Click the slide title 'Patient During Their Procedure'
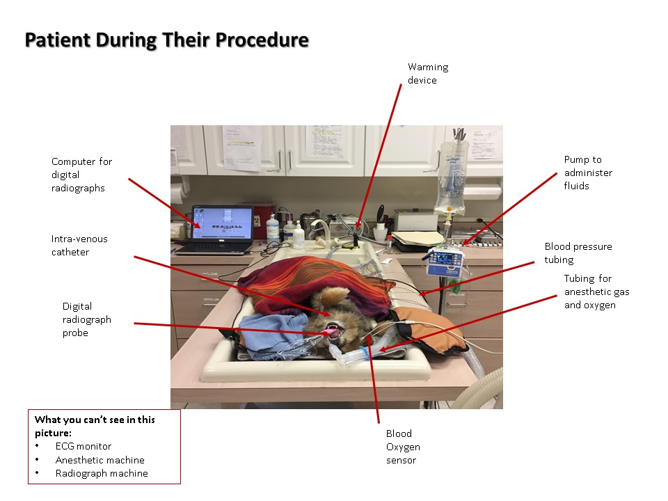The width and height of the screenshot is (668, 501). click(x=166, y=40)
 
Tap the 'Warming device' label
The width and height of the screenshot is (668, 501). click(x=427, y=74)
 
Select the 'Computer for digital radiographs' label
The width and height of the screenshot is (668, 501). click(x=81, y=175)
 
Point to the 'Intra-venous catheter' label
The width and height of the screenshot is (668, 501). click(x=79, y=246)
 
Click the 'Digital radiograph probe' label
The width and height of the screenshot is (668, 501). click(x=86, y=319)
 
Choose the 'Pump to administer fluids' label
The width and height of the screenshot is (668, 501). click(x=588, y=173)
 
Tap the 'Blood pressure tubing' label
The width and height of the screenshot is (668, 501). click(x=578, y=253)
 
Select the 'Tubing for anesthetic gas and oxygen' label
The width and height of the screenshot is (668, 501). click(x=589, y=292)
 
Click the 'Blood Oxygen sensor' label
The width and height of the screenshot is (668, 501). click(x=403, y=446)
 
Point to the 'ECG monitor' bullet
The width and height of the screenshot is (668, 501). click(x=83, y=446)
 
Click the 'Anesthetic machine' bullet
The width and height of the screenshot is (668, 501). click(x=100, y=460)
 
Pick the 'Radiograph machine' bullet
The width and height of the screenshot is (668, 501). click(x=102, y=474)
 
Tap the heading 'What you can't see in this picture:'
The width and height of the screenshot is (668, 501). click(x=95, y=426)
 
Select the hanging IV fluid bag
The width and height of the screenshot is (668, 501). click(x=447, y=177)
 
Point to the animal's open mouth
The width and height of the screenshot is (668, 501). click(x=335, y=330)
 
